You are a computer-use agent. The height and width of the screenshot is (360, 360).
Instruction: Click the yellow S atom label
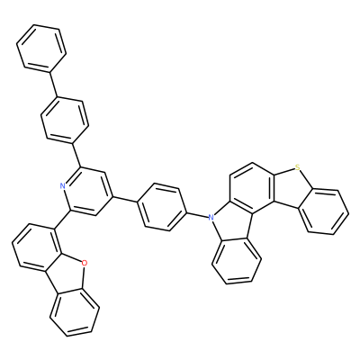point(297,167)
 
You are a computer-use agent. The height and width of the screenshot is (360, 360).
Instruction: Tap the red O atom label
point(85,264)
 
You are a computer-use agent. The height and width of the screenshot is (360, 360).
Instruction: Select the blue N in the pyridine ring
point(63,186)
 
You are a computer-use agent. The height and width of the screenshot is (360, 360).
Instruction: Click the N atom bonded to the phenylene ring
point(211,216)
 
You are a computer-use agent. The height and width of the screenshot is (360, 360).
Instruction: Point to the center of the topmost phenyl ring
point(41,49)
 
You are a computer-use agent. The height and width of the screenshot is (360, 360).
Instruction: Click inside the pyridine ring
point(87,191)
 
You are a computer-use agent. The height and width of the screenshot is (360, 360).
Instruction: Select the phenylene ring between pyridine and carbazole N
point(162,207)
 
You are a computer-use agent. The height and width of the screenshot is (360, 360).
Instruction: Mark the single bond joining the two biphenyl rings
point(53,85)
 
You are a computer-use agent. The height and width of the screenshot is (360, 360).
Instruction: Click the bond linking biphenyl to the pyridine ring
point(76,154)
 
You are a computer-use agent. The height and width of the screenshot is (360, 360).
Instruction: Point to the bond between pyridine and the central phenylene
point(125,200)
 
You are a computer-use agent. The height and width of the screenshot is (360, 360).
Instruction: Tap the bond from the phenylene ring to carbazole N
point(199,215)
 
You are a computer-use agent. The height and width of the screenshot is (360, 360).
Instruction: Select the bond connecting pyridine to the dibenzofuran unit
point(62,220)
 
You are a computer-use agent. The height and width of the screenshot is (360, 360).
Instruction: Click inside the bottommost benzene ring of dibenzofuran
point(75,312)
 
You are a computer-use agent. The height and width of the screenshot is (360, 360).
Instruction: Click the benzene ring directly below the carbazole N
point(236,259)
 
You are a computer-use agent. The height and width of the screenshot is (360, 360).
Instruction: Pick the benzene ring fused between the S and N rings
point(251,188)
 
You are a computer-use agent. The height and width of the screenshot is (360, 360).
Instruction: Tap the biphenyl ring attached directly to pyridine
point(65,120)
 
